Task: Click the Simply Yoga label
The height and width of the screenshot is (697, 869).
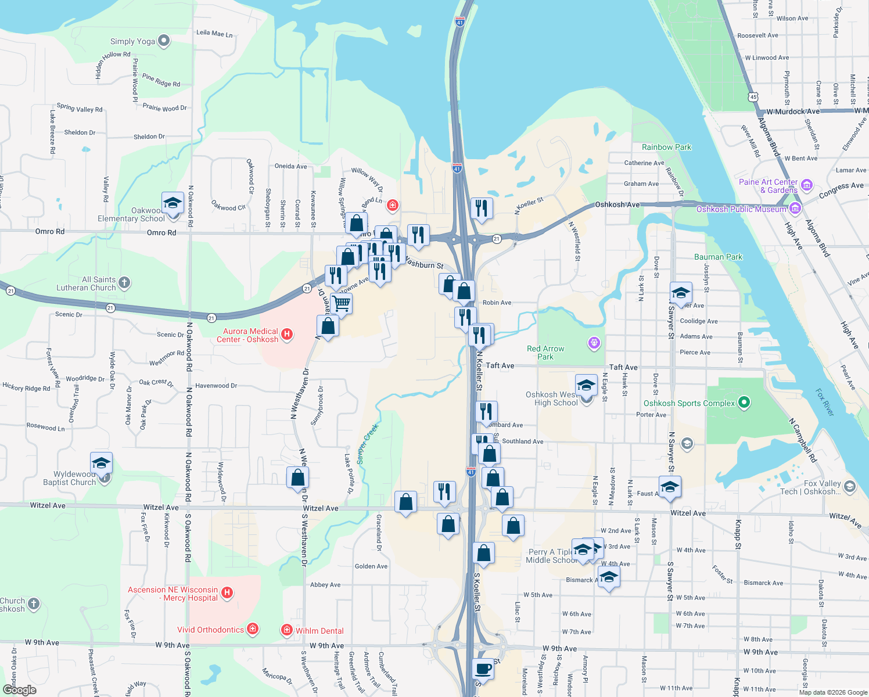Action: coord(132,41)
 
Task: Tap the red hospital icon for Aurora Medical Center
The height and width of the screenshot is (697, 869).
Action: coord(286,335)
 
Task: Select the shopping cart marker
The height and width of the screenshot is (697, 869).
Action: coord(341,303)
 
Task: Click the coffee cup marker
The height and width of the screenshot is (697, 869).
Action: coord(483,669)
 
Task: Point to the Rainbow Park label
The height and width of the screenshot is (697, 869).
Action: coord(666,147)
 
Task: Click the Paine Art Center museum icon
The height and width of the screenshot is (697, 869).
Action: coord(806,186)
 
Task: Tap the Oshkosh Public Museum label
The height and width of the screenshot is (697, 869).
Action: coord(741,209)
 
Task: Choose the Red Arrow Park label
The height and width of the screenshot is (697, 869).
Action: coord(545,353)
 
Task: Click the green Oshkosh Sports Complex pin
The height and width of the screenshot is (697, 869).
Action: coord(745,403)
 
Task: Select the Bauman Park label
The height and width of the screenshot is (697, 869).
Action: coord(718,257)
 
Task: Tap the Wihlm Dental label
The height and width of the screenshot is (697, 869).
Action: coord(319,631)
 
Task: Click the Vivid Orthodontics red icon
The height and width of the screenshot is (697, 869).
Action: coord(252,629)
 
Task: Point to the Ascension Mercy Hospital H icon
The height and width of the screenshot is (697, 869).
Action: coord(227,593)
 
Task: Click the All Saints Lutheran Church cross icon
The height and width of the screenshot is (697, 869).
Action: coord(124,283)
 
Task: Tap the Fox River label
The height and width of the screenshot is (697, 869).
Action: coord(824,403)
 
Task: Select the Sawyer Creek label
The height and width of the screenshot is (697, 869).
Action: coord(367,444)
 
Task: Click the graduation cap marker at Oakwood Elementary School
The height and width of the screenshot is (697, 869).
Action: coord(173,203)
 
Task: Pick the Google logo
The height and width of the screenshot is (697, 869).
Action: coord(20,689)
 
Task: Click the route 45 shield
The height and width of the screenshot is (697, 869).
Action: coord(753,96)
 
